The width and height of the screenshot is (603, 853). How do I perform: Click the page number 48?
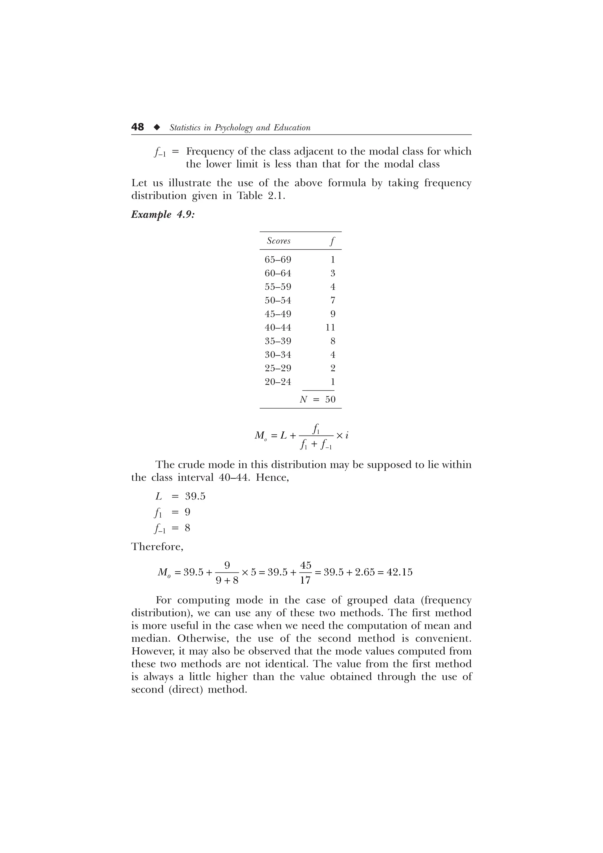(138, 127)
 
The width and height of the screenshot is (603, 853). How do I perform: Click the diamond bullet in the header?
(157, 127)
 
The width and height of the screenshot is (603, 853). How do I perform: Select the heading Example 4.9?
(163, 215)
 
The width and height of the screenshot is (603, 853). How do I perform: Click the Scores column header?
(279, 241)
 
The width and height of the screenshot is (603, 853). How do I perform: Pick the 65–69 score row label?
(278, 259)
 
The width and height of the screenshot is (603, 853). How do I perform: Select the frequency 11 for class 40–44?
(330, 327)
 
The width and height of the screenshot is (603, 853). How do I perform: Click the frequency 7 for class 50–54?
(332, 300)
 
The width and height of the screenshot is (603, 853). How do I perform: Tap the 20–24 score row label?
(278, 382)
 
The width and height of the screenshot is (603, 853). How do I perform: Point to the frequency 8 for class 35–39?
(332, 341)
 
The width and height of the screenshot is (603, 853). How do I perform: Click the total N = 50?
(318, 399)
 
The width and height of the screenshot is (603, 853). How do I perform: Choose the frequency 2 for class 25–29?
(332, 368)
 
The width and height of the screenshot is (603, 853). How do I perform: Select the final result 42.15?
(400, 572)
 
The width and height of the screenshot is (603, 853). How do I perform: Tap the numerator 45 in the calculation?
(305, 565)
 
